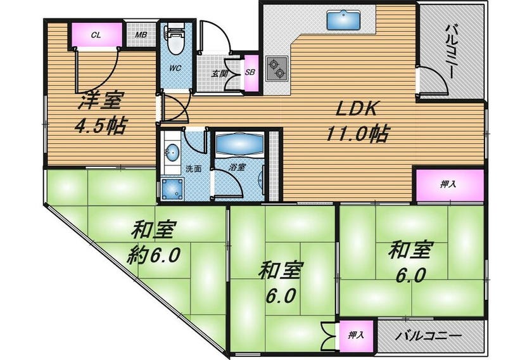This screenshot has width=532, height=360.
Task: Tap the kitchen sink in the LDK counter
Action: coord(344,20)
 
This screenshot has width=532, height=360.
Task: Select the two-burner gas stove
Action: coord(277,68)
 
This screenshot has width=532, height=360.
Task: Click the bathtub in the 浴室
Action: coord(239,144)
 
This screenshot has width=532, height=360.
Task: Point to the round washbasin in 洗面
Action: coord(172,153)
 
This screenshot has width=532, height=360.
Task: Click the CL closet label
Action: coord(96,35)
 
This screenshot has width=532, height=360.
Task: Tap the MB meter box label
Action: coord(141,35)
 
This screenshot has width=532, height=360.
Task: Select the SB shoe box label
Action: coord(250,72)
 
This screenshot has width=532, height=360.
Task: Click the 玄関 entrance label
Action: coord(219,74)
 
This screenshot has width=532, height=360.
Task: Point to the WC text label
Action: coord(175,68)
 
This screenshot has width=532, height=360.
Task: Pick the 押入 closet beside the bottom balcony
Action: coord(356,335)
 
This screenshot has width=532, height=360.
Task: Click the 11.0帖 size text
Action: coord(357,134)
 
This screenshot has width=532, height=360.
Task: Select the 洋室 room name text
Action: coord(99,101)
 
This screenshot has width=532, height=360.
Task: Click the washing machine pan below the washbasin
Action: coord(172,189)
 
